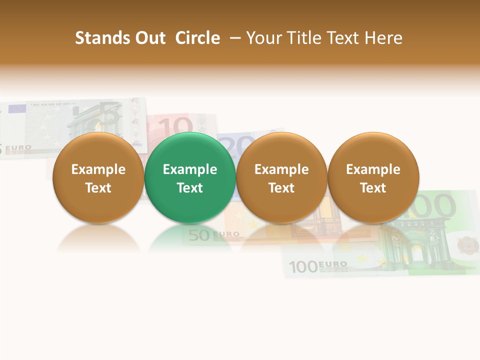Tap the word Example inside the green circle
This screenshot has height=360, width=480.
pos(190,169)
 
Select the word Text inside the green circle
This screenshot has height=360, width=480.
pos(190,188)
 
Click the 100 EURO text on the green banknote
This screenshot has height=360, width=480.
pos(318,265)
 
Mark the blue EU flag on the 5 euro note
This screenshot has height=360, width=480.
pos(17,108)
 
